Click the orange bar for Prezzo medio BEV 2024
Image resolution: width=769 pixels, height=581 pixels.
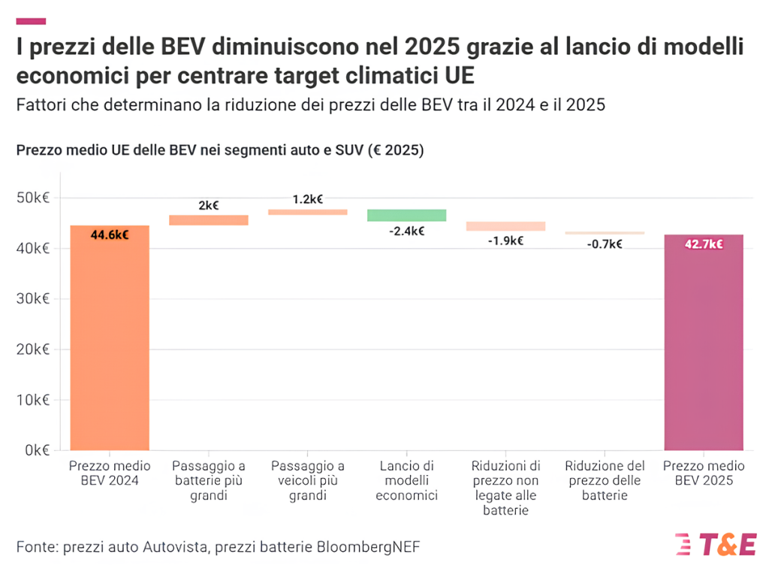(x=110, y=338)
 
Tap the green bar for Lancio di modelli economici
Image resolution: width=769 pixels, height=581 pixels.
(x=406, y=215)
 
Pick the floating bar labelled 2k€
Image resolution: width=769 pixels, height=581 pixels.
(x=209, y=219)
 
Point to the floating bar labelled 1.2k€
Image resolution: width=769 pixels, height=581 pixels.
(x=308, y=212)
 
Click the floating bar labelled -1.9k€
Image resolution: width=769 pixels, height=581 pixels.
(x=505, y=225)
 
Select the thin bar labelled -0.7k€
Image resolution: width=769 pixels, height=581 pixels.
(x=605, y=233)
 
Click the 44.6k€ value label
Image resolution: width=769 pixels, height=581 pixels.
(x=110, y=235)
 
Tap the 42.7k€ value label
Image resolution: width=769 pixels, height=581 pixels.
(x=704, y=244)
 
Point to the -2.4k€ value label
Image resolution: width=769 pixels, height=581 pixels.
(x=406, y=231)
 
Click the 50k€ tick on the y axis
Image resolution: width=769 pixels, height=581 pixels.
(x=33, y=198)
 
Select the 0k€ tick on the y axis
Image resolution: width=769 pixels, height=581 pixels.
(x=36, y=450)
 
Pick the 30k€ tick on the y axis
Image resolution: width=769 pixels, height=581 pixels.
(x=33, y=298)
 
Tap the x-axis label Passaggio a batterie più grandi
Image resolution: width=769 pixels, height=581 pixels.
(x=209, y=481)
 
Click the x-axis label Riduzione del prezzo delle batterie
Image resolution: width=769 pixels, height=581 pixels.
(x=605, y=481)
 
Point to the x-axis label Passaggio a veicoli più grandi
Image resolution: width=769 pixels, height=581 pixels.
(x=308, y=481)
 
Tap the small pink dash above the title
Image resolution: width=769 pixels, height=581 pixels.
(x=31, y=21)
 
